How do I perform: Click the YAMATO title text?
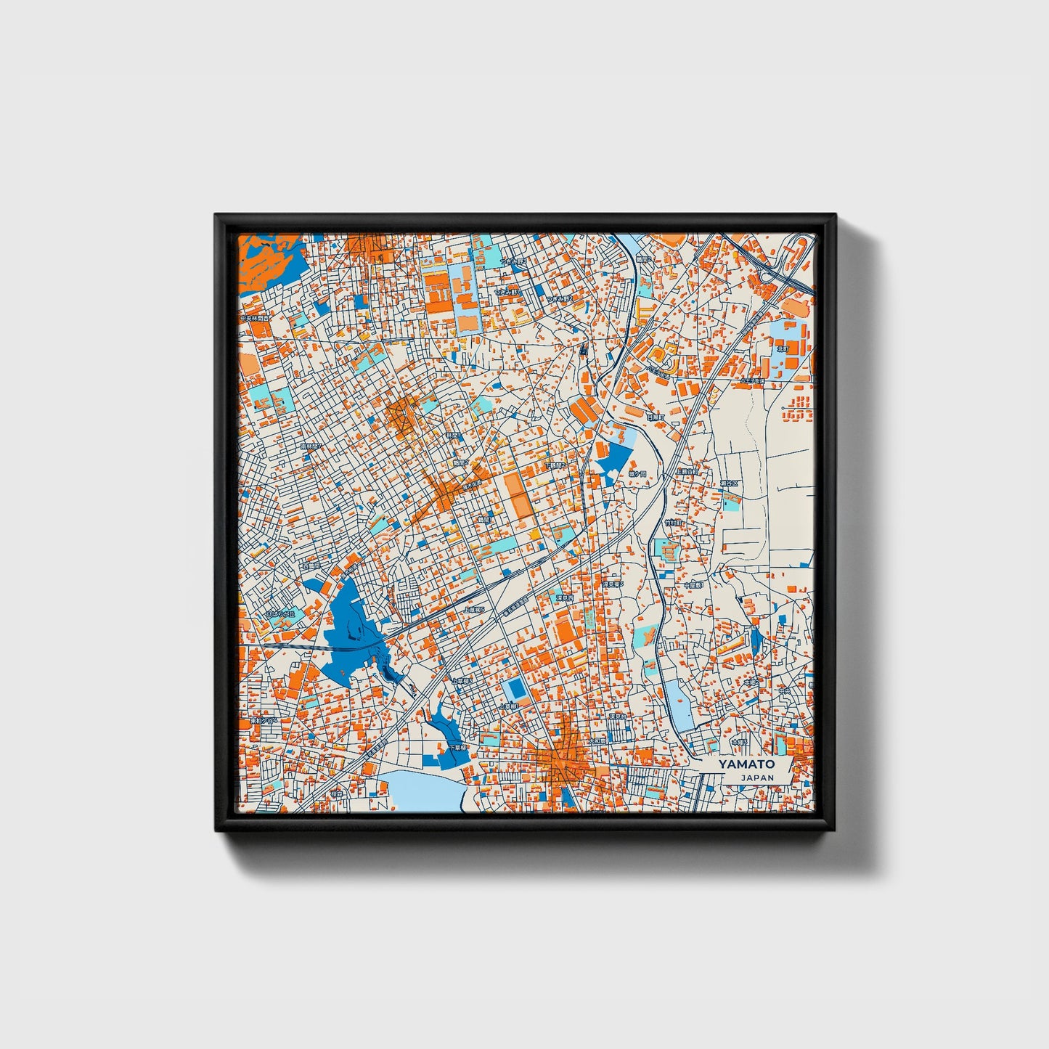coord(746,764)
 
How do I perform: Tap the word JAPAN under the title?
coord(757,777)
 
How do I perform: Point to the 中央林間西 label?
coord(255,319)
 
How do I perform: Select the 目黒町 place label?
coord(655,417)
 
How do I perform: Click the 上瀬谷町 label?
coord(687,471)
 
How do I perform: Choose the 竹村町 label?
coord(673,523)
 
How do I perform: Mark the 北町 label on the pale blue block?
coord(782,348)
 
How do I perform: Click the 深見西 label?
coord(565,597)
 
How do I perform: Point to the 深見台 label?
coord(618,717)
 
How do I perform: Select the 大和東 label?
coord(597,741)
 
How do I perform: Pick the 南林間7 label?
coord(311,446)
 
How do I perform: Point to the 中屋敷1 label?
coord(694,584)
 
